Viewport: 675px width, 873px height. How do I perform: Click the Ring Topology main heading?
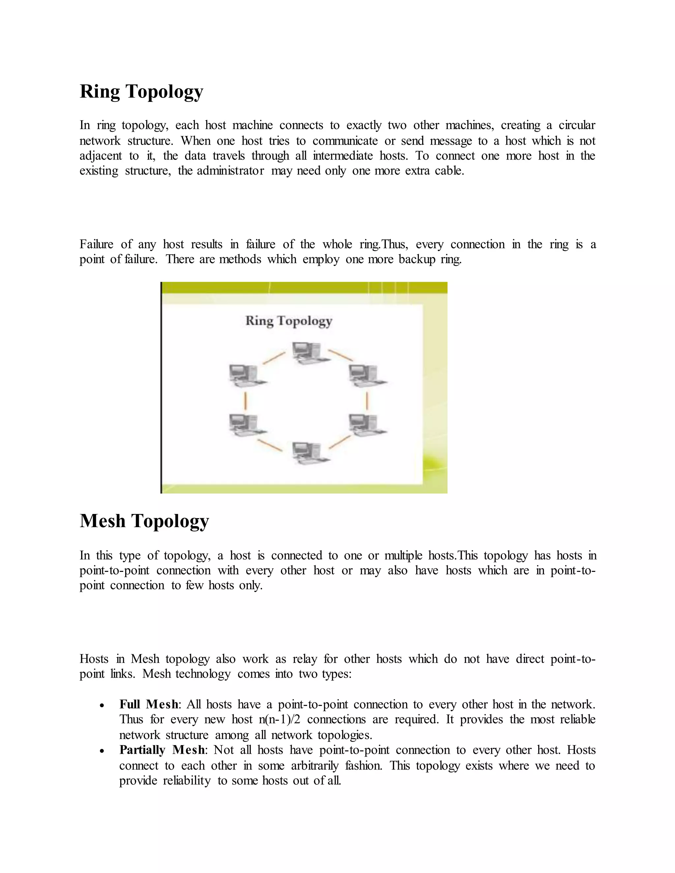[x=141, y=92]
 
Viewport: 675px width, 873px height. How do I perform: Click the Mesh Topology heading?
[x=144, y=521]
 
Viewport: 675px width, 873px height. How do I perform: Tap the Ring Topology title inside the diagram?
[x=288, y=321]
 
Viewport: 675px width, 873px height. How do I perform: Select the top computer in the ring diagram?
[x=307, y=353]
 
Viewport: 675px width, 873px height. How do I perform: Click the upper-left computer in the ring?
[x=245, y=375]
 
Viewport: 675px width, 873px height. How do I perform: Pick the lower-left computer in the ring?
[x=245, y=425]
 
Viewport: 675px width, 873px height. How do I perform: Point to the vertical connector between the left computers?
[x=246, y=401]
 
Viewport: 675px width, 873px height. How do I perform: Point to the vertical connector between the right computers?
[x=367, y=401]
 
